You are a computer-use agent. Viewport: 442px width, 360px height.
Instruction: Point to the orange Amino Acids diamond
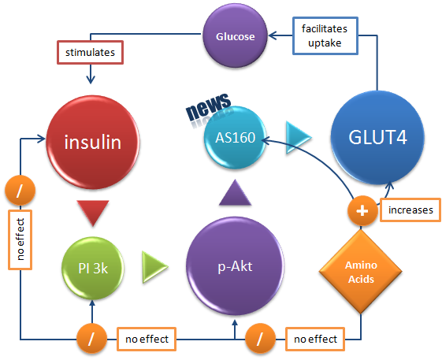pos(360,272)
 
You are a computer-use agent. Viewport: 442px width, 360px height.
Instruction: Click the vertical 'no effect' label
pos(18,239)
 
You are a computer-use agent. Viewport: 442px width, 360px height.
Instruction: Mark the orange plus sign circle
pos(361,210)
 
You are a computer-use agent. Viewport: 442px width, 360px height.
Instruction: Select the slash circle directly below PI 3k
pos(93,340)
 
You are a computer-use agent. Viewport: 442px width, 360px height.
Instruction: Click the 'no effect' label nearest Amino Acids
pos(315,340)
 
